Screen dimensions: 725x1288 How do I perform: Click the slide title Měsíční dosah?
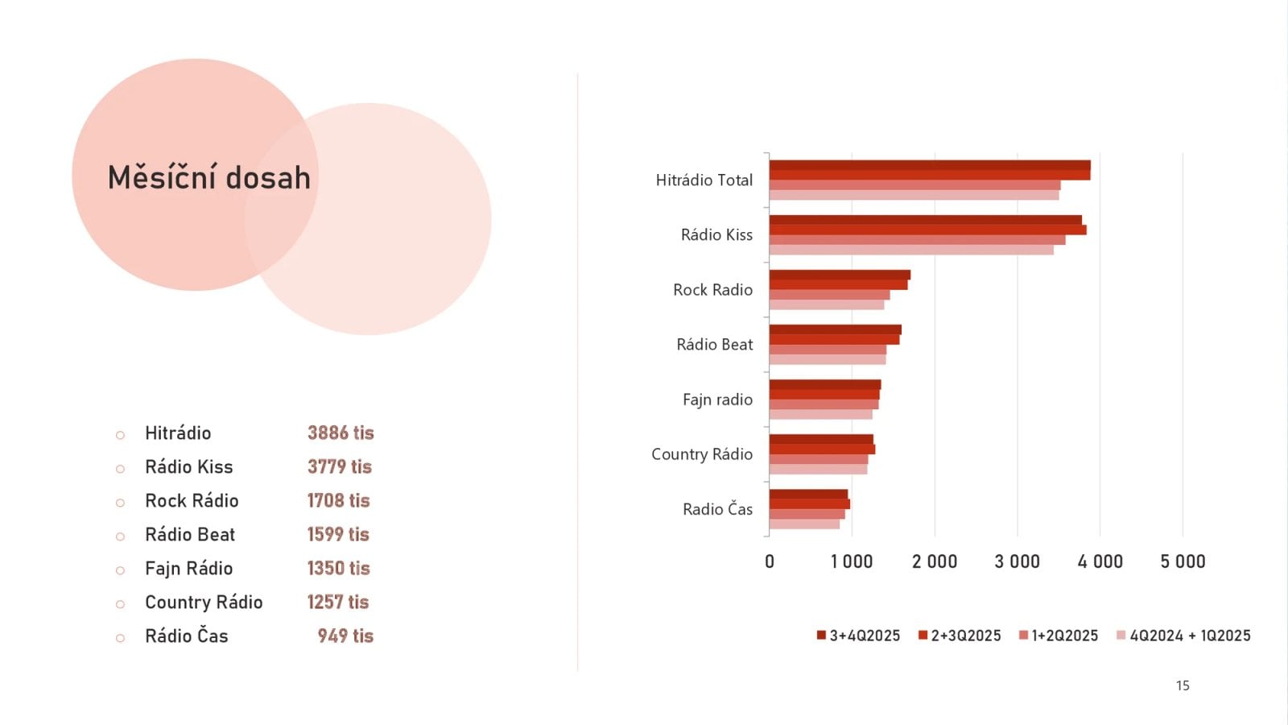[209, 178]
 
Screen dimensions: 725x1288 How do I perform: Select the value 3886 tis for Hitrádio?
[341, 433]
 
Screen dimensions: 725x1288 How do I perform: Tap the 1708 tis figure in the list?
[338, 501]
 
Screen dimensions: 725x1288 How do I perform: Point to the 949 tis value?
[345, 636]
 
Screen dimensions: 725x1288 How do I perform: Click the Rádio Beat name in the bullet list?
[190, 535]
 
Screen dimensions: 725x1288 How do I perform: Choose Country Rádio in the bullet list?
[204, 603]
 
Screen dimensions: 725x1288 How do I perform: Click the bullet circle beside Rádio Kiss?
[120, 469]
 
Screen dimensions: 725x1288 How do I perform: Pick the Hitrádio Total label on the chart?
[704, 180]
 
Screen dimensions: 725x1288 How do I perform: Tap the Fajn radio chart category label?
[717, 400]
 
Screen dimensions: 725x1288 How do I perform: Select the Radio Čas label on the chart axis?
[717, 509]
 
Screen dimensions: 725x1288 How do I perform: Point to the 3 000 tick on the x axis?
[1017, 562]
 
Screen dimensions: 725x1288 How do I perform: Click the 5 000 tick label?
[1183, 562]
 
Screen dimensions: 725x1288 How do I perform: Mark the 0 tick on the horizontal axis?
[770, 562]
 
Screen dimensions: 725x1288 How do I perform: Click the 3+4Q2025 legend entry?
[858, 636]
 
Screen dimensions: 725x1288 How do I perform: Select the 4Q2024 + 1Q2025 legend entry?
[1183, 636]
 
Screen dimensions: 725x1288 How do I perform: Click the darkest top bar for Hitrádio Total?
[930, 165]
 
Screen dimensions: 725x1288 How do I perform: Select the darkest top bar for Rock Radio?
[840, 275]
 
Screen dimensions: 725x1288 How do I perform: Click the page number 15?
[1183, 686]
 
